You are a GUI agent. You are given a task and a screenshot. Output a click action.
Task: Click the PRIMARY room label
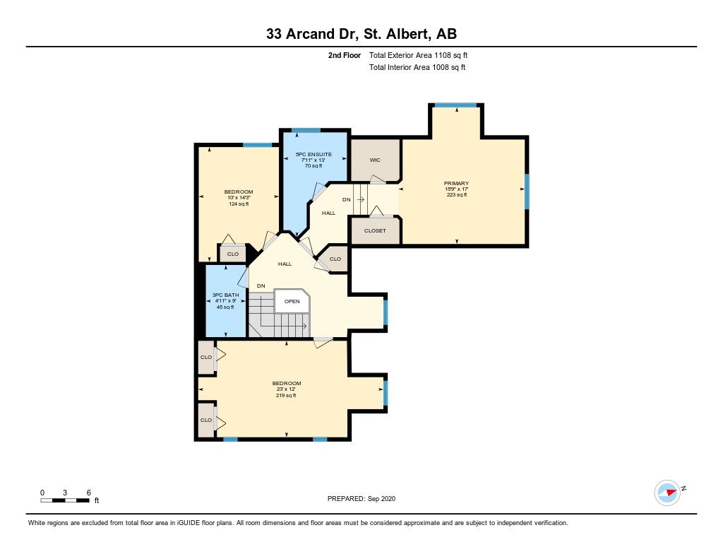pos(457,183)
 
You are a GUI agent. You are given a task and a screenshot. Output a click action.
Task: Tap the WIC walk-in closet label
pos(375,160)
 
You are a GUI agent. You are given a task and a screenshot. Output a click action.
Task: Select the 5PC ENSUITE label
pos(313,154)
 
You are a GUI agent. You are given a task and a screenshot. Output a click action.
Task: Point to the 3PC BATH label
pos(225,295)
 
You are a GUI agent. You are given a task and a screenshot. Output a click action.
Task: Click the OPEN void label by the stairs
pos(292,302)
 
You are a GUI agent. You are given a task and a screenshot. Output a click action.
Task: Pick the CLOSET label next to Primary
pos(375,230)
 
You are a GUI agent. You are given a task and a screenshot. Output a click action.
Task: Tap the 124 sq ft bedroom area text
pos(239,204)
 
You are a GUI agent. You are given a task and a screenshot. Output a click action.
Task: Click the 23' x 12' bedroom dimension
pos(287,389)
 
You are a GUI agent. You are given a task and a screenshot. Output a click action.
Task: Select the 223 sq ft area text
pos(457,195)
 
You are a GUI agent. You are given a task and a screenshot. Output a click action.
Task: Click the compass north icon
pos(667,493)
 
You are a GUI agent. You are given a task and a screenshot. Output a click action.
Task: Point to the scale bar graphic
pos(65,500)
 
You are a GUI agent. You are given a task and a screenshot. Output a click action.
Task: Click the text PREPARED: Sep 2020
pos(361,498)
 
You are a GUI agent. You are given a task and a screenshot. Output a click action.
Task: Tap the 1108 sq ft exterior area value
pos(450,55)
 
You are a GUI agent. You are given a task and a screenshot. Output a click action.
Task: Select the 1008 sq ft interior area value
pos(448,67)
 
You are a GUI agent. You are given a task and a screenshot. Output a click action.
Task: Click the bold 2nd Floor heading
pos(345,55)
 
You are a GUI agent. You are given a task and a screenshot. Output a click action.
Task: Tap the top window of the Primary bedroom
pos(456,105)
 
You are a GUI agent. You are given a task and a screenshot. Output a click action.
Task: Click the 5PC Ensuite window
pos(306,130)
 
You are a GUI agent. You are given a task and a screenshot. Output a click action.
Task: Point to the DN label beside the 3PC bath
pos(261,286)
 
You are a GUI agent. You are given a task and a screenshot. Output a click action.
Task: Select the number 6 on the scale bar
pos(89,493)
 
